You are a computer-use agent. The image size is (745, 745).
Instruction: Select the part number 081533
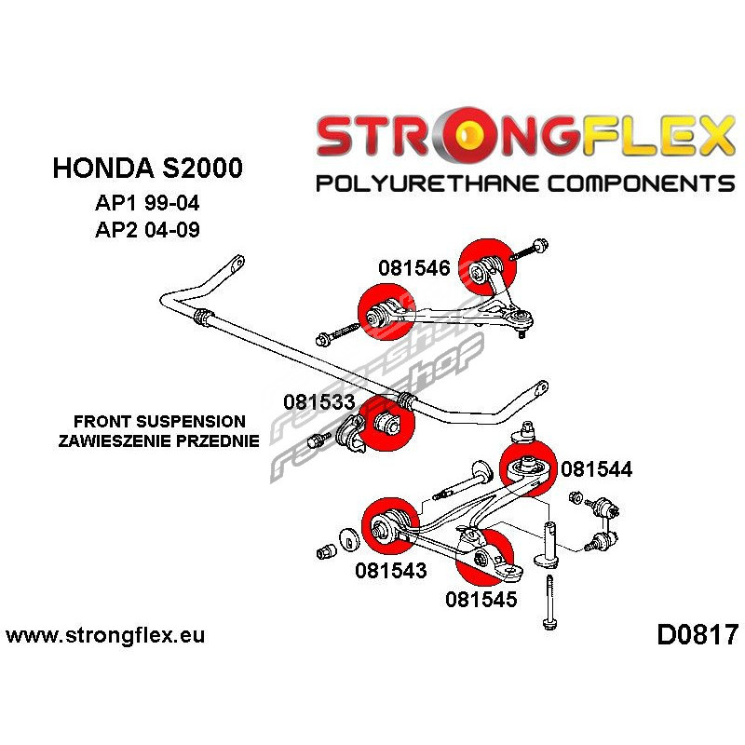[318, 402]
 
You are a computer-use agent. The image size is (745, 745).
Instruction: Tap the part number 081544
[596, 470]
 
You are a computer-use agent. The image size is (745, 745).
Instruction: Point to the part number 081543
[390, 570]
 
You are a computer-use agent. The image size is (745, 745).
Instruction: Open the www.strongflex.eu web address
[105, 637]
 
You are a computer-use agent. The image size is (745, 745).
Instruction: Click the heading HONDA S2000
[148, 169]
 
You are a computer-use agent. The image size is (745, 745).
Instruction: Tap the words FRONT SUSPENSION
[161, 422]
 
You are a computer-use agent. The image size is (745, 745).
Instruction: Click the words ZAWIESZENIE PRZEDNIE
[157, 441]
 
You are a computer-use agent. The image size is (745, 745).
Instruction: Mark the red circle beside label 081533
[386, 422]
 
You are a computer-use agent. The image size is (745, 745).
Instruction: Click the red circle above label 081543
[387, 527]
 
